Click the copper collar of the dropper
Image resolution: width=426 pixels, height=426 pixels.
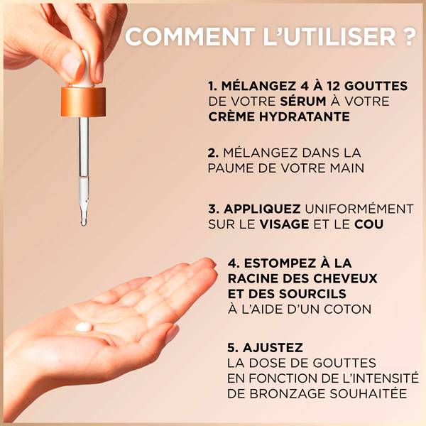click(83, 102)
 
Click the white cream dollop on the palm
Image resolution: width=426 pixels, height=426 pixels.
click(84, 327)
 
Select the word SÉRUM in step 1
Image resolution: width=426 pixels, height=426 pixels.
click(303, 101)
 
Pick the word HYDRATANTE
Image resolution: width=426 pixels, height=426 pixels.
click(305, 116)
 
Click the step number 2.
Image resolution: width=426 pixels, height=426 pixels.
click(213, 153)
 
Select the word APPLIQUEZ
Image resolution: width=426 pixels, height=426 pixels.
click(262, 209)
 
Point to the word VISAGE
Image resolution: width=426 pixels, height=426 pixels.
click(284, 224)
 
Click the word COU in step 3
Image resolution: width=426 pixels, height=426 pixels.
click(368, 224)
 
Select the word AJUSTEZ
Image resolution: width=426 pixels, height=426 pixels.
click(273, 347)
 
